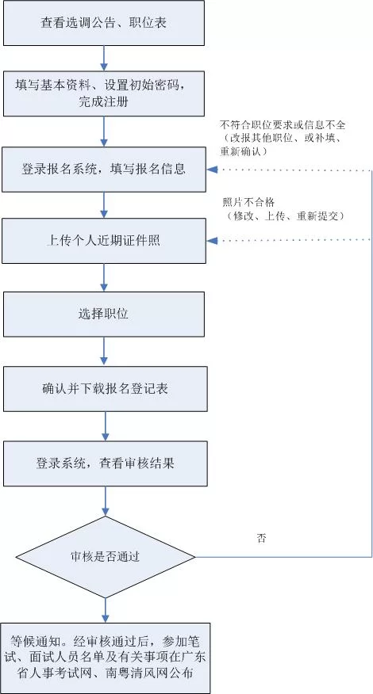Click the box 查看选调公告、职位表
pos(104,23)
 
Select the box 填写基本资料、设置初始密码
pos(104,93)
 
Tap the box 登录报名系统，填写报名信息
pos(104,169)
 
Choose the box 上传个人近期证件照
pos(104,240)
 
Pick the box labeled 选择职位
pos(104,314)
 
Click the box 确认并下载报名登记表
pos(104,389)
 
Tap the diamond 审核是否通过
pos(104,556)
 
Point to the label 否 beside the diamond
pos(261,538)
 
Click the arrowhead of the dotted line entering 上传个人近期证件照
pos(212,240)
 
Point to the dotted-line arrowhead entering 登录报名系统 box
pos(212,170)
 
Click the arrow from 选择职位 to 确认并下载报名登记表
pos(104,351)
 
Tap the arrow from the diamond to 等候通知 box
pos(104,608)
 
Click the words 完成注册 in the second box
pos(104,102)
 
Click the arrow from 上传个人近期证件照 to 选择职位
pos(104,277)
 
